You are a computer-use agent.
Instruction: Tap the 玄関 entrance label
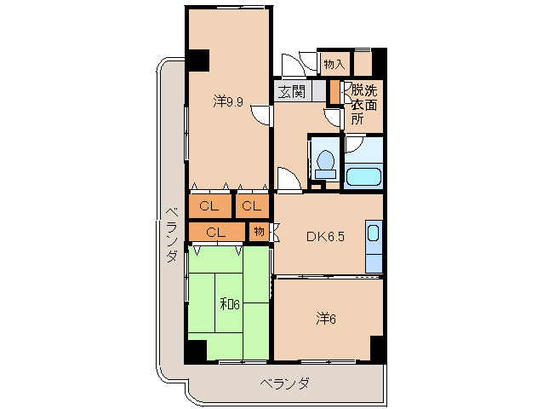tap(291, 91)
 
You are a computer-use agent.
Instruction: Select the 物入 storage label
tap(334, 64)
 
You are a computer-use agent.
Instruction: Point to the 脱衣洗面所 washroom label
tap(363, 104)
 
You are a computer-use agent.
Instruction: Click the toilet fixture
tap(323, 160)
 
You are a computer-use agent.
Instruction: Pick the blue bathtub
tap(363, 177)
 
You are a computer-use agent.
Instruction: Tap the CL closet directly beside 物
tap(215, 231)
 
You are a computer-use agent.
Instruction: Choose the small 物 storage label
tap(259, 231)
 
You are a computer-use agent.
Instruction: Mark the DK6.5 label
tap(325, 236)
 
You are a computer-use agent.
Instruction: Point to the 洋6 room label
tap(327, 319)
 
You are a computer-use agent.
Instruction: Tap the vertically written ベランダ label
tap(171, 235)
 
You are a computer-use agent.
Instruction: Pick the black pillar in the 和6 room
tap(197, 350)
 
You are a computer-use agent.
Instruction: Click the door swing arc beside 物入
tap(294, 65)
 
